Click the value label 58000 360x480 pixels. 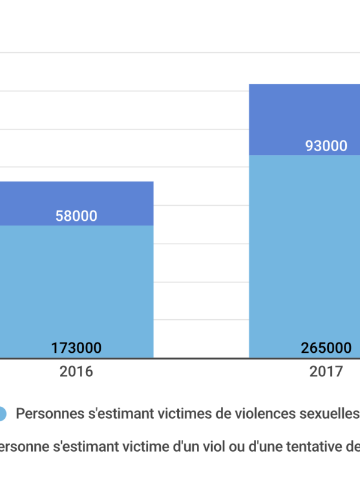(76, 216)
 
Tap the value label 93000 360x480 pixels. (326, 146)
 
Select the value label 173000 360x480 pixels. (76, 347)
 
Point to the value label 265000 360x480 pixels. (326, 347)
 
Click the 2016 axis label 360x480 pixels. (76, 371)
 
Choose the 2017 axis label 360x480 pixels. (326, 371)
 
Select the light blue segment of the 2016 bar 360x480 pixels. (76, 282)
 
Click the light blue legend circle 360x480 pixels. (1, 413)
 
